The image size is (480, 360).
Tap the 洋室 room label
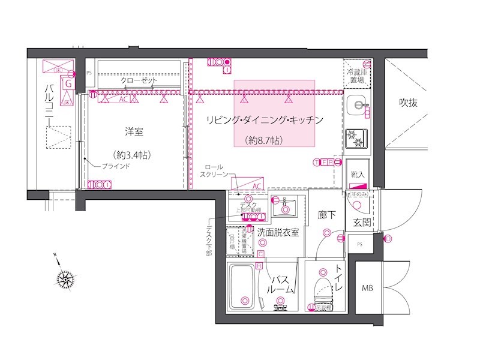(x=134, y=131)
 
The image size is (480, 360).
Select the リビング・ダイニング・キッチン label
(x=265, y=120)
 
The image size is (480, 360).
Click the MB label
(x=367, y=289)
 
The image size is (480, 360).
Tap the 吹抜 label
(x=408, y=103)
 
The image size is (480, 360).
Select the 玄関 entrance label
(x=362, y=223)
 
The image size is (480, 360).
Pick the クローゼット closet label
(x=139, y=80)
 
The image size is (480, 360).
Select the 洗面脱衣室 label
(x=278, y=233)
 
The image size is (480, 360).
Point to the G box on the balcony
(x=68, y=84)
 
